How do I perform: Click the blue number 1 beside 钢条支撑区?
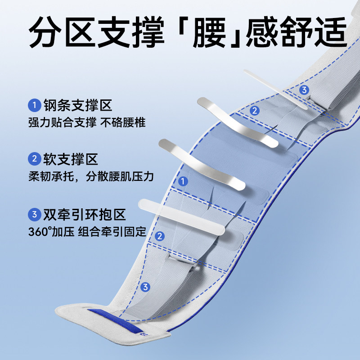pyautogui.click(x=34, y=106)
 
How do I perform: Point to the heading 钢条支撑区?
pyautogui.click(x=77, y=106)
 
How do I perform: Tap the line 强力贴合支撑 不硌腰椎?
pyautogui.click(x=86, y=122)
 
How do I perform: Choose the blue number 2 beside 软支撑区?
pyautogui.click(x=34, y=159)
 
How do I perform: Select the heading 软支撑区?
pyautogui.click(x=71, y=159)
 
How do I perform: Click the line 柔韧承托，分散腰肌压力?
pyautogui.click(x=90, y=175)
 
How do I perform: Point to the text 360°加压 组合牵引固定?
pyautogui.click(x=87, y=232)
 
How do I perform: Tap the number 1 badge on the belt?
pyautogui.click(x=183, y=181)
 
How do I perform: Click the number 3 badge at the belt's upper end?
pyautogui.click(x=304, y=90)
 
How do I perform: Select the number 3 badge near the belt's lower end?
pyautogui.click(x=145, y=287)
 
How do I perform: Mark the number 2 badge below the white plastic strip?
pyautogui.click(x=159, y=236)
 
